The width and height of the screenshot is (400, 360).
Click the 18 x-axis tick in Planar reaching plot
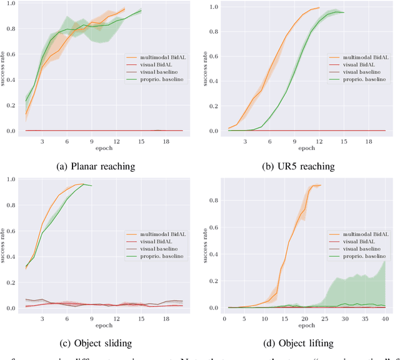[x=157, y=141]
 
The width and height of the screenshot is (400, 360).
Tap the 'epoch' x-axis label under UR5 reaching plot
[x=306, y=149]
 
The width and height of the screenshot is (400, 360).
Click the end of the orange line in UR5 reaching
[x=319, y=8]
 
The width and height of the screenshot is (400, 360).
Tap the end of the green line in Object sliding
[x=91, y=186]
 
